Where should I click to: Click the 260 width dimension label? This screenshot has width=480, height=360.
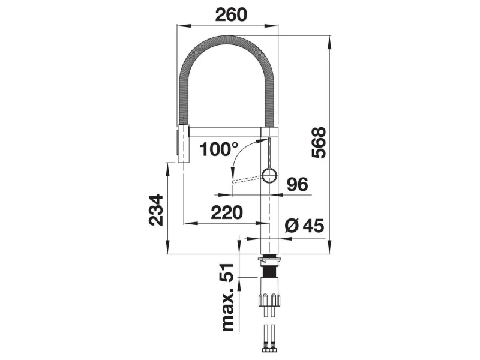231,14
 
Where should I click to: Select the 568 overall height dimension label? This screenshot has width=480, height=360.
319,142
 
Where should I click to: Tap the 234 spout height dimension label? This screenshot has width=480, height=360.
156,209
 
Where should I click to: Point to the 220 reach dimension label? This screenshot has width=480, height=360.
227,212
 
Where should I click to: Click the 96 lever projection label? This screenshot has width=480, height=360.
297,184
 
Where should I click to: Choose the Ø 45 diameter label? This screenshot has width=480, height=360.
304,226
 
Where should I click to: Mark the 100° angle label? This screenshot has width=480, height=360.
218,149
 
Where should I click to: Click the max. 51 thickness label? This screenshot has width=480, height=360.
228,297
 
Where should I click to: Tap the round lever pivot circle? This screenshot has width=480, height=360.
269,176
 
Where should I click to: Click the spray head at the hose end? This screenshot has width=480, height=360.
183,143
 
